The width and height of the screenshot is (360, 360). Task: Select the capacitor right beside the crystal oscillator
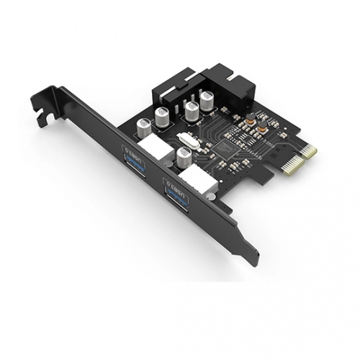click(x=184, y=157)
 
